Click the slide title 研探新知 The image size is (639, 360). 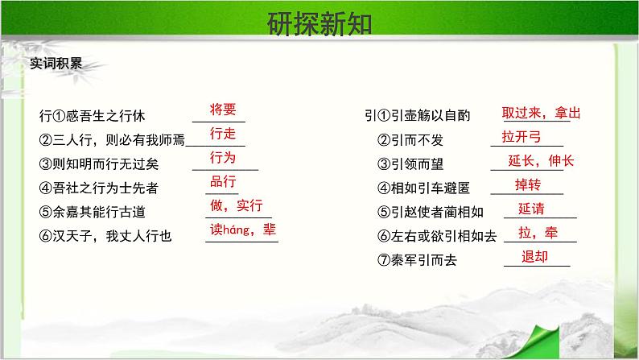click(319, 23)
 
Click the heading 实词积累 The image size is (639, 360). click(56, 64)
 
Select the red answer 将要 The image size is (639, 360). click(223, 110)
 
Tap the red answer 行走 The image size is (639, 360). click(223, 134)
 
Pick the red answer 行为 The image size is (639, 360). click(223, 157)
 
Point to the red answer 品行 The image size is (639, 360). click(223, 181)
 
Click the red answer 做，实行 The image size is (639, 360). click(237, 205)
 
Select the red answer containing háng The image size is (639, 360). click(243, 230)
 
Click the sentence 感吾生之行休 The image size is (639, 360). click(105, 116)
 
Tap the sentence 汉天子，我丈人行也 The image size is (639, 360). click(112, 236)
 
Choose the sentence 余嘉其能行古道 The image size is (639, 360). click(99, 212)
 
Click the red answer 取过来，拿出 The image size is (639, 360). click(541, 113)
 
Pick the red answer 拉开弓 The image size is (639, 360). click(522, 137)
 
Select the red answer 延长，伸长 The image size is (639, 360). click(541, 160)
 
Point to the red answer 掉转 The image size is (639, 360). click(528, 184)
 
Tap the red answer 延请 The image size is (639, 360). click(531, 209)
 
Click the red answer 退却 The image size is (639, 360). click(534, 257)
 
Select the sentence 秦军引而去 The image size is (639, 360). click(424, 260)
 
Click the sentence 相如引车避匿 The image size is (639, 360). click(431, 188)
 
